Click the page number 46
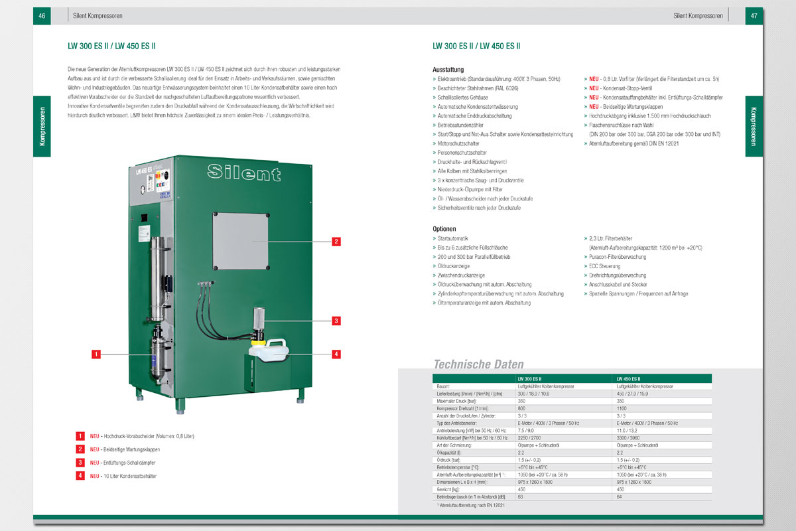coord(42,15)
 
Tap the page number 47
coord(754,15)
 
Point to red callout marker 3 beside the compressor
coord(336,321)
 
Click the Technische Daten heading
coord(478,364)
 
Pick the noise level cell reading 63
coord(521,496)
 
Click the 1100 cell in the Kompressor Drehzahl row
coord(622,408)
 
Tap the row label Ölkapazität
coord(446,452)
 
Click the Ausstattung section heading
coord(448,70)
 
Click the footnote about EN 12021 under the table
coord(472,506)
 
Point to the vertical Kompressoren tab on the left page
coord(41,127)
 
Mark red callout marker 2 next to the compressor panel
coord(336,242)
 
